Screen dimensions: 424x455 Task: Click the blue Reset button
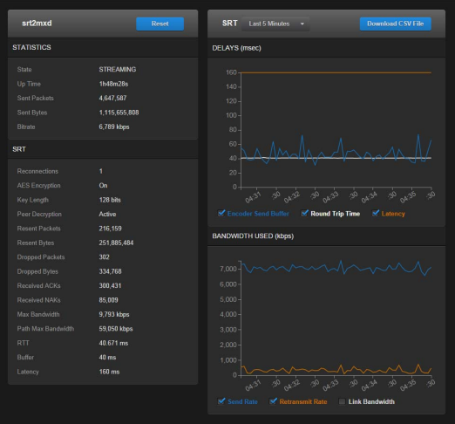160,24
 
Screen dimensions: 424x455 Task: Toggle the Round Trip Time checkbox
305,213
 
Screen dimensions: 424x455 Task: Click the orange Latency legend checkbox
376,213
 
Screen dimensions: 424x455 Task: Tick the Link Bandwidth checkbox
342,401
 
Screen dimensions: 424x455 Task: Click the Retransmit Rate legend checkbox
274,401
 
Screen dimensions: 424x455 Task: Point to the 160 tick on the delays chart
232,72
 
